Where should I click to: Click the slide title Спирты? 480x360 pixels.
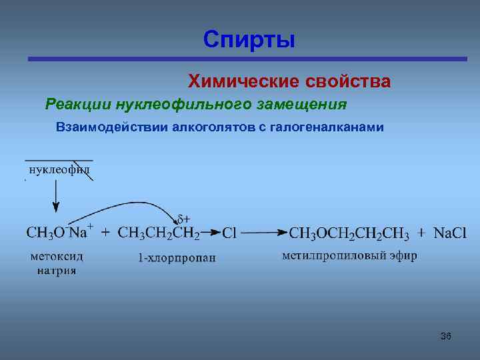point(249,39)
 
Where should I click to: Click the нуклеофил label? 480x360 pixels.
point(58,170)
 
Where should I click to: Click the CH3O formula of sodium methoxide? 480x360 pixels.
point(45,233)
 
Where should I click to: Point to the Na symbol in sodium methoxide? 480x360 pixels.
point(79,233)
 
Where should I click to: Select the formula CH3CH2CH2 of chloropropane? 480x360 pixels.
point(159,233)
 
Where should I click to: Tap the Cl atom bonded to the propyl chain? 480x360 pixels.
point(230,233)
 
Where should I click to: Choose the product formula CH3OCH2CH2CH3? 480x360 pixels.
point(351,233)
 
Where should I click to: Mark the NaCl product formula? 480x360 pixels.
point(450,233)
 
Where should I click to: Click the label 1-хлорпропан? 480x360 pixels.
point(177,257)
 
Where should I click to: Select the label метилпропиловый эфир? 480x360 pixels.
point(349,255)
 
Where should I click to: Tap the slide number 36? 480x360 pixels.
point(446,336)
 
